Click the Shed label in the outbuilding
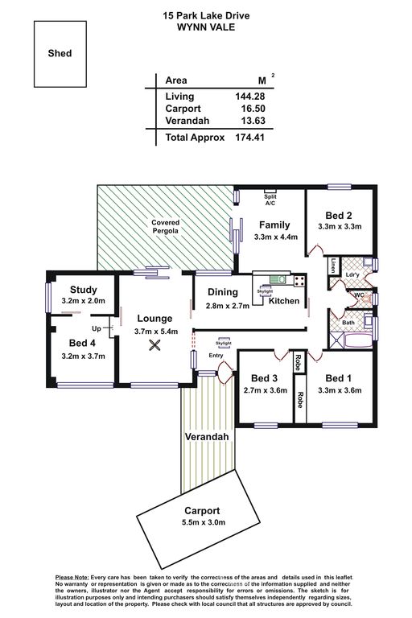[x=60, y=53]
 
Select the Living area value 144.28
[x=250, y=97]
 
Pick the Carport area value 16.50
[x=253, y=109]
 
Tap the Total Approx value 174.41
[x=249, y=137]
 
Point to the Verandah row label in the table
[x=187, y=121]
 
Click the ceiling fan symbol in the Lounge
[x=154, y=346]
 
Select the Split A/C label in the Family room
[x=270, y=200]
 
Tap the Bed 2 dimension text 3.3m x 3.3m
[x=340, y=227]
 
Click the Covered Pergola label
[x=166, y=227]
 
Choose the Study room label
[x=83, y=290]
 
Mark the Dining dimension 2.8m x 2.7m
[x=228, y=306]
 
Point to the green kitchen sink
[x=278, y=280]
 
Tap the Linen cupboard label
[x=333, y=266]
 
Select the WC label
[x=359, y=295]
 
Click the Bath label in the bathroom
[x=348, y=323]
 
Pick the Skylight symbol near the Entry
[x=224, y=343]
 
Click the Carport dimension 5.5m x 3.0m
[x=204, y=522]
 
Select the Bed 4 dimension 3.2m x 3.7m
[x=83, y=356]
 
